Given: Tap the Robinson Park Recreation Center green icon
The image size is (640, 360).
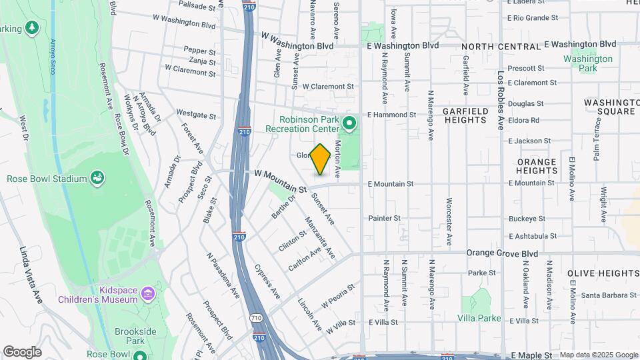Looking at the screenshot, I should click(x=349, y=123).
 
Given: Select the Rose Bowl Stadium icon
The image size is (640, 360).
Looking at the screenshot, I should click(x=97, y=178).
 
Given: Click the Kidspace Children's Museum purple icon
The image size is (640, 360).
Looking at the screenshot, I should click(x=148, y=294).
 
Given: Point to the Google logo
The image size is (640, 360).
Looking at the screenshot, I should click(x=22, y=352).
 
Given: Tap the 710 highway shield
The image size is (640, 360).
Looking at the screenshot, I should click(x=256, y=318).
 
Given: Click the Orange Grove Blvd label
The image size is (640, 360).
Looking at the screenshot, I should click(x=502, y=253).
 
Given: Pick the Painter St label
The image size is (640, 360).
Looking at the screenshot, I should click(x=384, y=218).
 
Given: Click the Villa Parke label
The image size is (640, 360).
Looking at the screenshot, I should click(x=479, y=318).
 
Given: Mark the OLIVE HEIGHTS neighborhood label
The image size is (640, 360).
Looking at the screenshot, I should click(x=603, y=273).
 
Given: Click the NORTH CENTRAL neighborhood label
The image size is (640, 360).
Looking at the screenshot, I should click(x=500, y=47).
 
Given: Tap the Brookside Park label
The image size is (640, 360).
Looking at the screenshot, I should click(x=141, y=336).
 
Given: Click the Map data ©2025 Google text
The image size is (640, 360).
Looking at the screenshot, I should click(x=598, y=355).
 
